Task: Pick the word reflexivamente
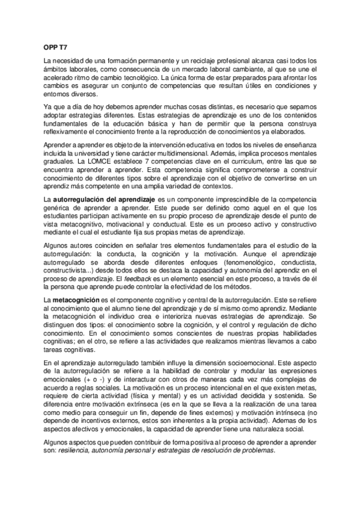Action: tap(66, 133)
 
